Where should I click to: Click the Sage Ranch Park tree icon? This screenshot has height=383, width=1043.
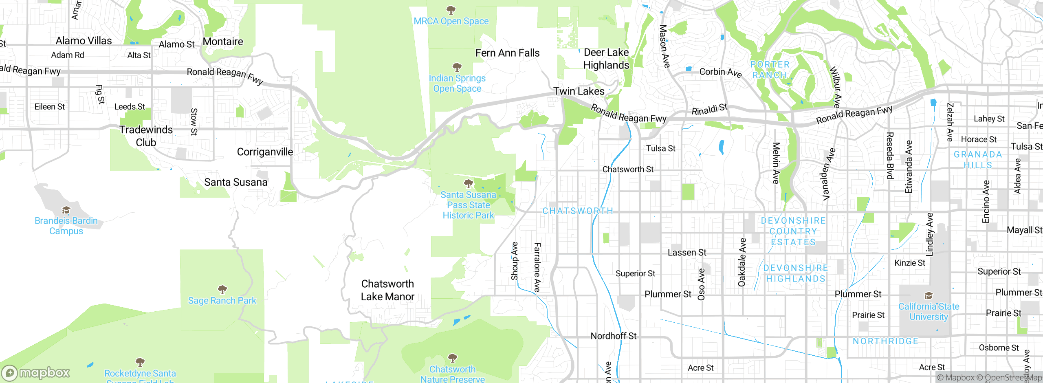point(222,290)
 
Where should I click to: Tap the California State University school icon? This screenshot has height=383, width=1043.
point(929,295)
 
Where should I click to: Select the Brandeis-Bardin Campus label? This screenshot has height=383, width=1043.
point(66,226)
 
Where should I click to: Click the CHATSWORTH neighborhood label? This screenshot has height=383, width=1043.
point(577,211)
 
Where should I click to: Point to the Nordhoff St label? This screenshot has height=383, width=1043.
point(613,336)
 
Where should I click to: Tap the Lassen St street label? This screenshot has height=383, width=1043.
point(687,253)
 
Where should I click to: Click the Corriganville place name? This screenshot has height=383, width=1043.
point(265,152)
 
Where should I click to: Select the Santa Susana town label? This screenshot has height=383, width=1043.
point(235,182)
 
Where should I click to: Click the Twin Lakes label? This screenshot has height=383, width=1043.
point(579,91)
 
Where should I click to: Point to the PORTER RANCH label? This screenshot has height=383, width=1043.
point(770,70)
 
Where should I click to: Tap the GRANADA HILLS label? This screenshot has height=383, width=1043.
point(977,160)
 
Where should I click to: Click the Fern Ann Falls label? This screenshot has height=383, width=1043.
point(507,53)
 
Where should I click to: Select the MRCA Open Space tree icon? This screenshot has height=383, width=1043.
point(451,9)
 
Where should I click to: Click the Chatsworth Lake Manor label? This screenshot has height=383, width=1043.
point(387,290)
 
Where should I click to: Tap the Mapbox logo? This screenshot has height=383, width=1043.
point(36,373)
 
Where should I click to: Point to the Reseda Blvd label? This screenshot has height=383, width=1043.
point(890,156)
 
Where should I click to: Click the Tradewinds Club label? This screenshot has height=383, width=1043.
point(146,136)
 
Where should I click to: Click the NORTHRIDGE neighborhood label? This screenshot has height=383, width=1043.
point(885,341)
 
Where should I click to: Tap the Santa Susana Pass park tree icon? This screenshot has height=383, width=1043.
point(469,183)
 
